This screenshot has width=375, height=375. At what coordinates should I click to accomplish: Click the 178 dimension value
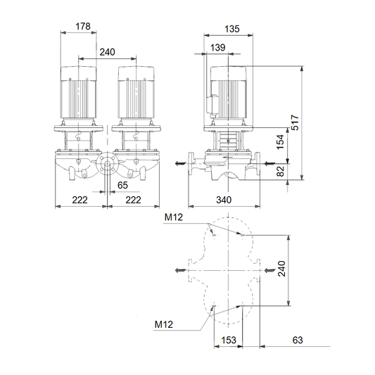pyautogui.click(x=83, y=26)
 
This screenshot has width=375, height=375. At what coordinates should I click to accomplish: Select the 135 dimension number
pyautogui.click(x=232, y=29)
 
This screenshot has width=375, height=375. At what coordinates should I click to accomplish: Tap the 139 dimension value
pyautogui.click(x=217, y=47)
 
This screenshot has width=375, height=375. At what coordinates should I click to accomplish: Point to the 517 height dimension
pyautogui.click(x=295, y=122)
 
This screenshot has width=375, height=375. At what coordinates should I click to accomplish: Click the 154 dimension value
pyautogui.click(x=280, y=142)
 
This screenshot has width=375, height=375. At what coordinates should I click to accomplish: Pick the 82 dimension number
pyautogui.click(x=280, y=171)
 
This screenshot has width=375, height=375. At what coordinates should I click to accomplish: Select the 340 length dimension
pyautogui.click(x=224, y=200)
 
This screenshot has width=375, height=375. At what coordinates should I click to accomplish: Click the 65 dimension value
pyautogui.click(x=122, y=185)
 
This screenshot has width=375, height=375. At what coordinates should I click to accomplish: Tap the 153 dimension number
pyautogui.click(x=229, y=340)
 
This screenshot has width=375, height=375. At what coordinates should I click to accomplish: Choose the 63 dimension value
pyautogui.click(x=298, y=340)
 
